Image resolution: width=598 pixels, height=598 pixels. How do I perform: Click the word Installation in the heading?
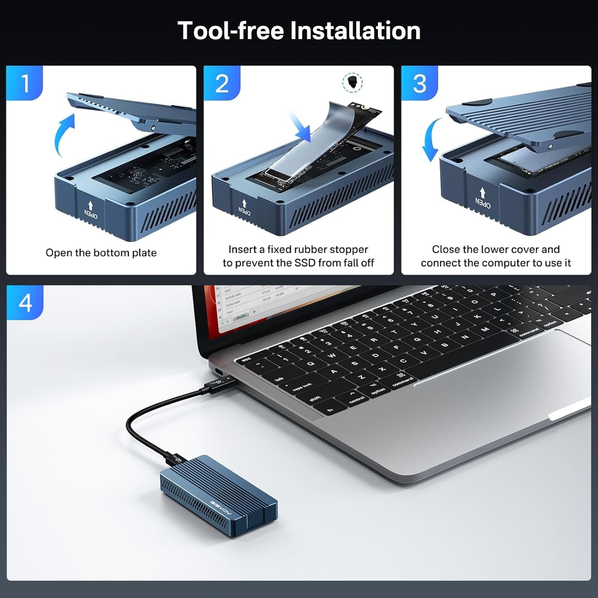pyautogui.click(x=355, y=31)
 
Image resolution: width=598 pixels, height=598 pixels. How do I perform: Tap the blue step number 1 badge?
pyautogui.click(x=25, y=83)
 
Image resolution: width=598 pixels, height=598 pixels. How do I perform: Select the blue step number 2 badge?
pyautogui.click(x=222, y=83)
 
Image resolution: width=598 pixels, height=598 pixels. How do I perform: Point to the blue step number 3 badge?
pyautogui.click(x=419, y=83)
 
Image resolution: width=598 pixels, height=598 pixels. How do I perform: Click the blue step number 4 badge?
pyautogui.click(x=25, y=303)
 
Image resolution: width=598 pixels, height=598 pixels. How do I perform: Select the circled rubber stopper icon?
pyautogui.click(x=352, y=82)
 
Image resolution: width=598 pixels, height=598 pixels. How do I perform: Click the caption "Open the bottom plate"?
pyautogui.click(x=101, y=253)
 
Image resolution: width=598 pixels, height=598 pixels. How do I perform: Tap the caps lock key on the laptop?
pyautogui.click(x=302, y=387)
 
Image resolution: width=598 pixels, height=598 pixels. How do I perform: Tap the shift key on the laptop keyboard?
pyautogui.click(x=315, y=398)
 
